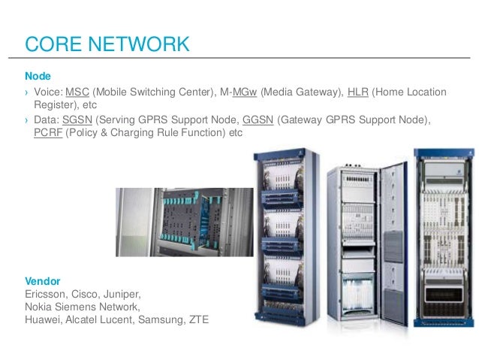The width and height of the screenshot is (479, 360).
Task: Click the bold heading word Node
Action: click(38, 77)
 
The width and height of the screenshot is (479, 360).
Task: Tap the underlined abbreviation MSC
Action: click(77, 92)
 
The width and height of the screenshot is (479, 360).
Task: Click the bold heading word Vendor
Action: click(44, 280)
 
